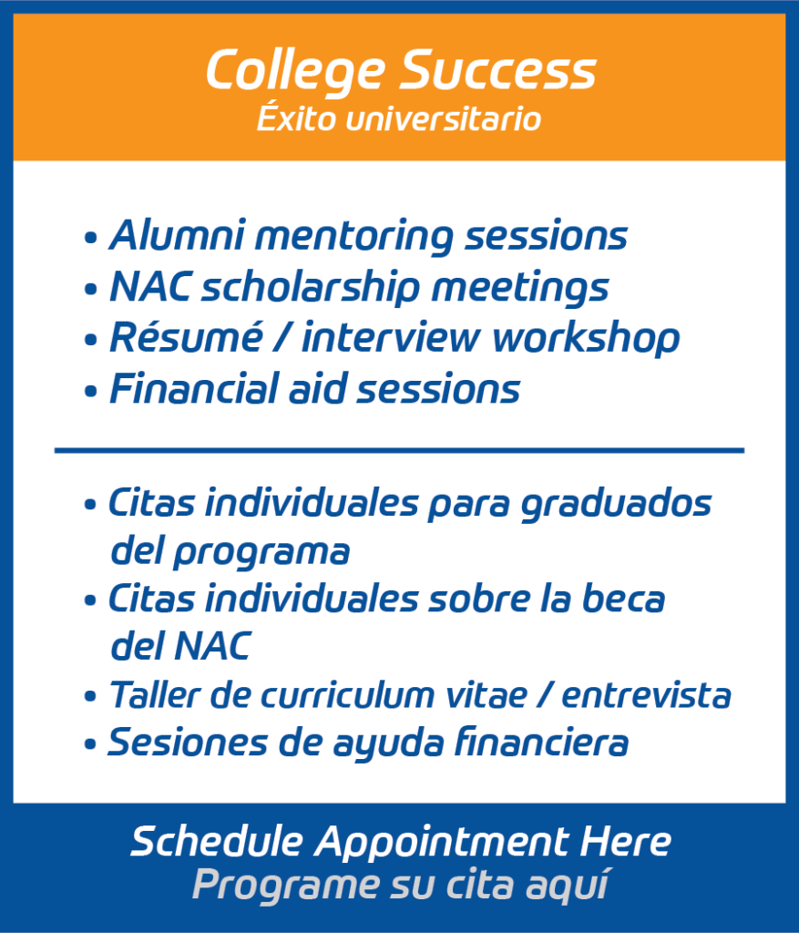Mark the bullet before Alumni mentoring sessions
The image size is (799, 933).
pos(90,239)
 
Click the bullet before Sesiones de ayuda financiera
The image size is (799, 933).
pos(90,745)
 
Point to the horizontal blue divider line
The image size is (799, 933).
pos(399,450)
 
